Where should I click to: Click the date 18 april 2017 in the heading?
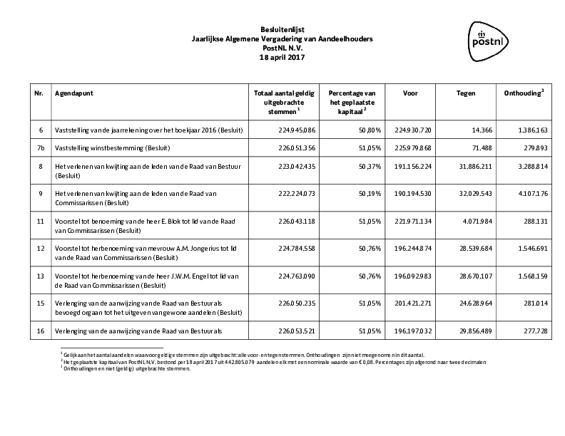click(x=282, y=57)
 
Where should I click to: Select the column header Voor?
click(x=410, y=93)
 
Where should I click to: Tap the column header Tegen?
click(x=466, y=93)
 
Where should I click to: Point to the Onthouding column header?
click(x=524, y=93)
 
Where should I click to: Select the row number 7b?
click(x=40, y=147)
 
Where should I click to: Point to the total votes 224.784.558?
click(x=296, y=249)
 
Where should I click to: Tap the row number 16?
click(x=40, y=331)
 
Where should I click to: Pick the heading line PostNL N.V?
click(x=282, y=48)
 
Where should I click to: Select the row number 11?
click(x=40, y=221)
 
